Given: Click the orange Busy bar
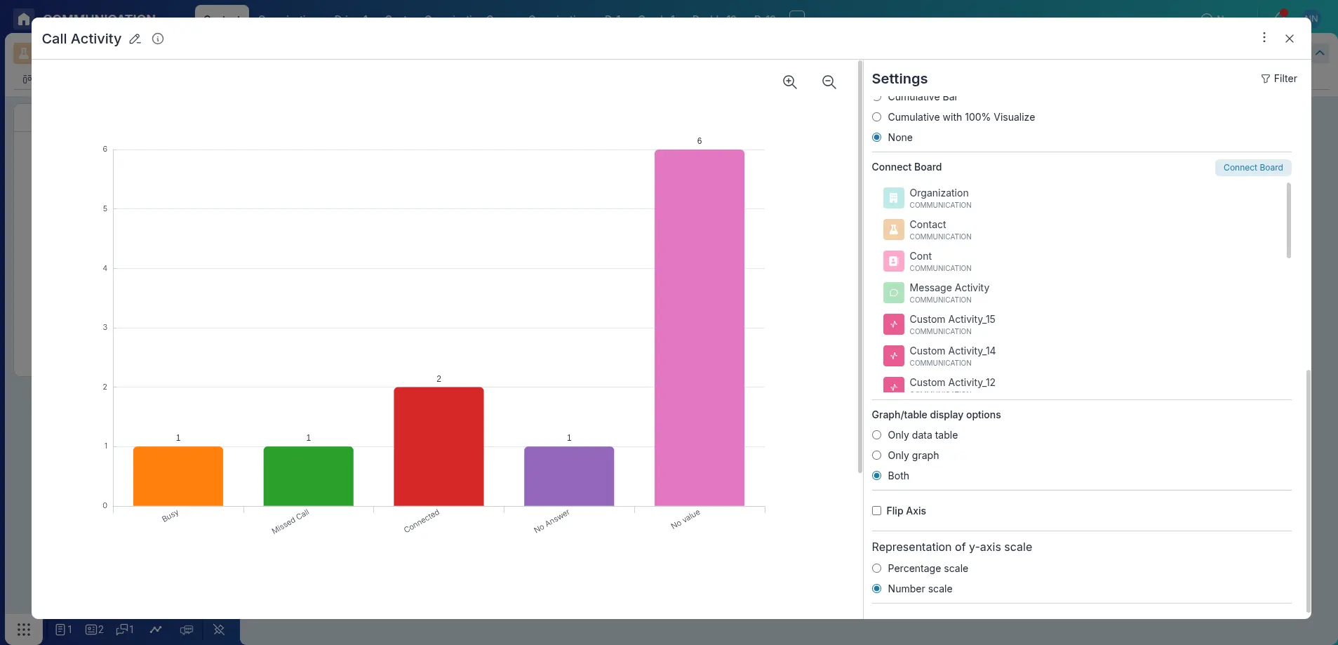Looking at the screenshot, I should coord(178,476).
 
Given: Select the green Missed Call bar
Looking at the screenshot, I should coord(308,476).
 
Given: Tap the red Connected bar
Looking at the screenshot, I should coord(439,446).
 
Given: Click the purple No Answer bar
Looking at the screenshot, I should coord(569,476).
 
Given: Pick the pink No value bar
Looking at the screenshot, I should coord(699,327).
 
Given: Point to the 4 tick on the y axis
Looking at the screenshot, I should coord(105,268).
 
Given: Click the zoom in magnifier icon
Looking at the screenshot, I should coord(790,82).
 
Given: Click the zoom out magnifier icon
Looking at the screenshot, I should coord(829,82).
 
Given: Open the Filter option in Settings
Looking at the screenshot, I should coord(1278,79).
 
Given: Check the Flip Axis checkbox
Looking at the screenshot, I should coord(876,511).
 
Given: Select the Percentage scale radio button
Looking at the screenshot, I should coord(876,568).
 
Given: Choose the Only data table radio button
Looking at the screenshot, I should coord(876,435).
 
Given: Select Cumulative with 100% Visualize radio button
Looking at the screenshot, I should coord(876,117).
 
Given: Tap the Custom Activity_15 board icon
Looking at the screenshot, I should coord(893,324).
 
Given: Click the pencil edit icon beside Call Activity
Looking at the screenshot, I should coord(135,39).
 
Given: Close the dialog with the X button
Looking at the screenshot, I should coord(1289,39).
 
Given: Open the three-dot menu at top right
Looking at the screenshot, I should coord(1264,37).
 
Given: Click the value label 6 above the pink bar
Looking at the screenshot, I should coord(699,141).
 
